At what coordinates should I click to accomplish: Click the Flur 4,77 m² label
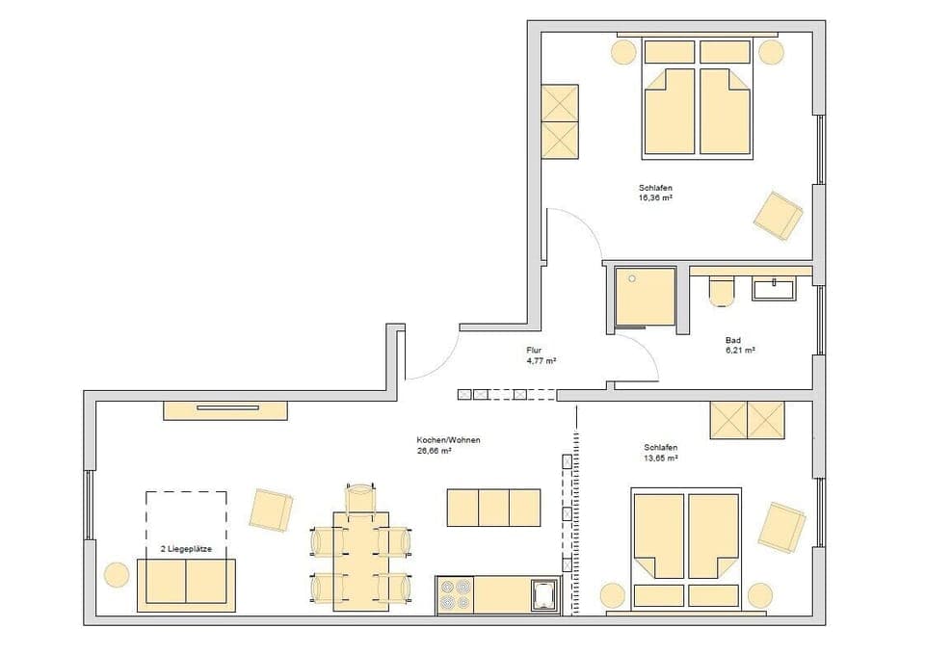(x=541, y=355)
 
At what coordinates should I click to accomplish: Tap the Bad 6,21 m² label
(x=739, y=345)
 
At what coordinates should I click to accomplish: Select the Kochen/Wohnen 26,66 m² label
(x=448, y=444)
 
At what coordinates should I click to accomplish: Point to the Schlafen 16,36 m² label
(x=654, y=192)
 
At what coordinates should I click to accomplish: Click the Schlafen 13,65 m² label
(x=661, y=453)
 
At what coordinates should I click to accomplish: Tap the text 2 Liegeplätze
(x=186, y=549)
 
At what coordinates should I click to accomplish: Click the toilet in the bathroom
(x=721, y=290)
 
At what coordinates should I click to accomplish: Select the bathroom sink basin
(x=775, y=288)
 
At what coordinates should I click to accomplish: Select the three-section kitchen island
(x=493, y=508)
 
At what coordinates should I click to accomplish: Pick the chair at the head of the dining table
(x=359, y=497)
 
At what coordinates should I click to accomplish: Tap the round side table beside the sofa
(x=116, y=575)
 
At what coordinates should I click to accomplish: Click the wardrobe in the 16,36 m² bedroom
(x=560, y=121)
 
